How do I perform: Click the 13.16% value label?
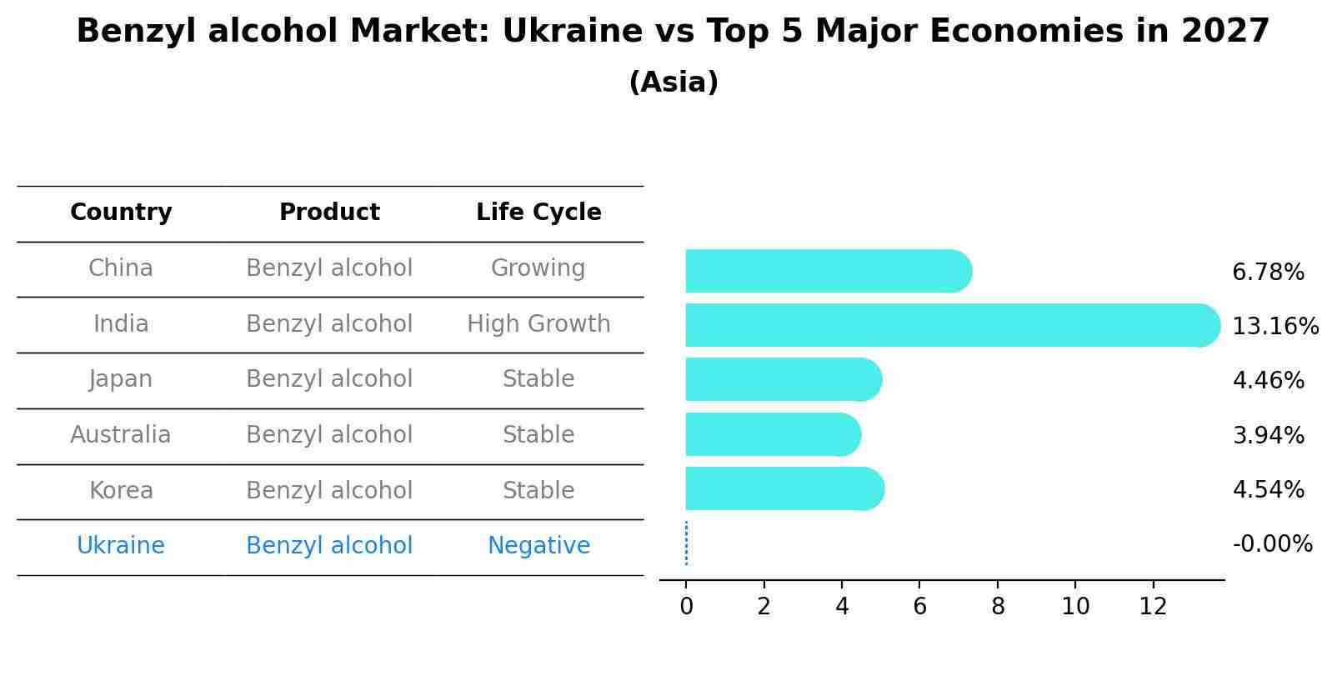point(1274,326)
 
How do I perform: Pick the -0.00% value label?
point(1272,544)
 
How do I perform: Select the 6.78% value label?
point(1268,272)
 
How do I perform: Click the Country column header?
point(121,213)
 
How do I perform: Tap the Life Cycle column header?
point(538,213)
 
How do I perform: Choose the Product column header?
point(329,213)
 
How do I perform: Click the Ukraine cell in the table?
point(121,546)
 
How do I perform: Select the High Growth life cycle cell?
point(538,324)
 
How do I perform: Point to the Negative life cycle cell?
point(538,546)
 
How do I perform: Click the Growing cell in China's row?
point(538,268)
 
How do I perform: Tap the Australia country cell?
point(121,435)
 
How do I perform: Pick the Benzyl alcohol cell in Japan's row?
point(329,379)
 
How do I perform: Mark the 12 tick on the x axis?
point(1153,607)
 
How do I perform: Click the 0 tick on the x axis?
point(686,607)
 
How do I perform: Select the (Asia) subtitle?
point(674,83)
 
